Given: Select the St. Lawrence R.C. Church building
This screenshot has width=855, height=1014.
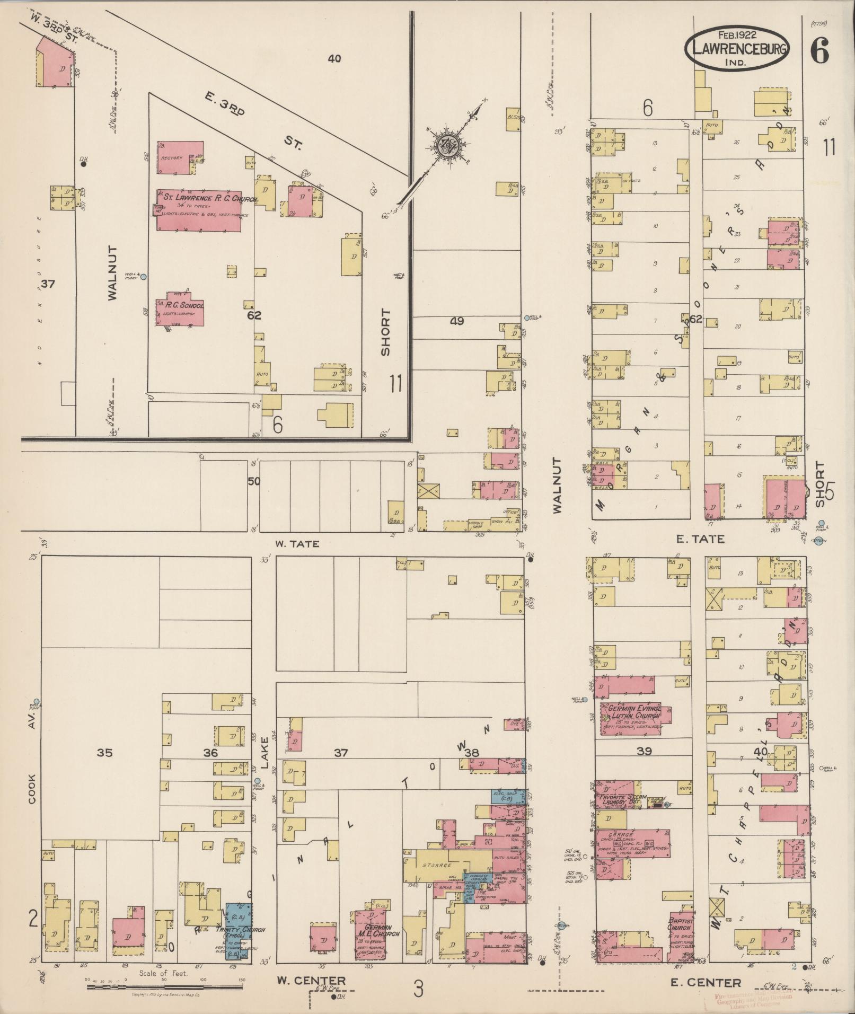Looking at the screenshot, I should pos(199,210).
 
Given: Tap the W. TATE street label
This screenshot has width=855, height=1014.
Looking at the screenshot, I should pos(297,543).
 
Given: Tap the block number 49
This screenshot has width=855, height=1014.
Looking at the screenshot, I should pos(457,321).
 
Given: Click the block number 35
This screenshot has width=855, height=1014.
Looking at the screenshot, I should pos(105,752).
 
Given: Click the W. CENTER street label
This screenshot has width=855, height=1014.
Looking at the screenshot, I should pos(311,981).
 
